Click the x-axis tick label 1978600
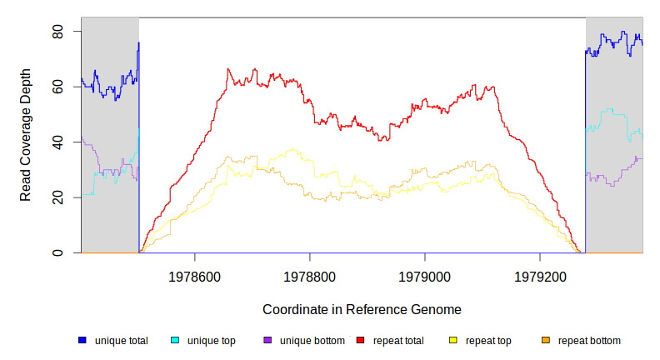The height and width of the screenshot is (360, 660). (x=195, y=274)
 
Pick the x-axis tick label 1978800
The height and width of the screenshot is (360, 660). (x=310, y=274)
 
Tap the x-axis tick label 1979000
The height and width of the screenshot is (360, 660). (x=425, y=274)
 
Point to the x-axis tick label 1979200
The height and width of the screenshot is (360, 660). (x=540, y=274)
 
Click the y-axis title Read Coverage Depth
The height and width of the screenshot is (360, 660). (x=26, y=135)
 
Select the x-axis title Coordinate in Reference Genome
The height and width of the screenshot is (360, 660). (x=362, y=309)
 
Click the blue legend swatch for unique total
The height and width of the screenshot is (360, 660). (x=82, y=341)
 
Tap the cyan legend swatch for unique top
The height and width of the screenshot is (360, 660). (x=175, y=341)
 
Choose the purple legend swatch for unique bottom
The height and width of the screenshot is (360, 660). (x=267, y=341)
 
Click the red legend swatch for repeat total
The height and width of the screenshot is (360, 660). (x=360, y=341)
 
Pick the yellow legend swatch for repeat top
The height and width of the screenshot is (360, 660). (x=453, y=341)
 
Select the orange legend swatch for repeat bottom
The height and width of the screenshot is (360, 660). (x=546, y=341)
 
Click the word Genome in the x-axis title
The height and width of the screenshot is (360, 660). (x=437, y=309)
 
